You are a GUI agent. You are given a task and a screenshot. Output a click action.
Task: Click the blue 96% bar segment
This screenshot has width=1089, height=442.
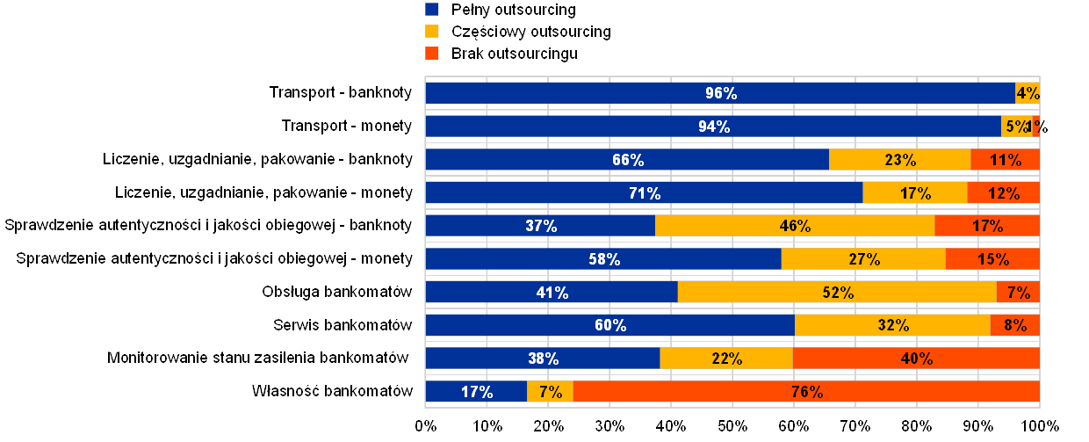(x=720, y=93)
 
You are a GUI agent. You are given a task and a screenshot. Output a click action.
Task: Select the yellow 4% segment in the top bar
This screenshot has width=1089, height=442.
(x=1028, y=93)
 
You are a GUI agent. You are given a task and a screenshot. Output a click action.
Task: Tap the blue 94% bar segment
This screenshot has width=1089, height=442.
(x=713, y=127)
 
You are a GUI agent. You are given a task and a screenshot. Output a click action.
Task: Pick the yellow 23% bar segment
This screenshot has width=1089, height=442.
(x=899, y=160)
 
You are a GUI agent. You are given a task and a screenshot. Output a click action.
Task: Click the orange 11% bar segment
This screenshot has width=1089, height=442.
(x=1005, y=160)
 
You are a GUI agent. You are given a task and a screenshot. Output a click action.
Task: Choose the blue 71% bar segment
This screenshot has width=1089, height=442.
(x=644, y=193)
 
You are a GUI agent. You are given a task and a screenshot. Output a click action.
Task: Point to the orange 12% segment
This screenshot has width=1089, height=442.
(x=1003, y=193)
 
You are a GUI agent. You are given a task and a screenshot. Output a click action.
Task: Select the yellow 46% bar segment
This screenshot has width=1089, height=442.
(x=794, y=226)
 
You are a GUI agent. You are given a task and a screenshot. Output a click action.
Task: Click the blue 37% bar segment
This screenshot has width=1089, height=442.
(x=540, y=226)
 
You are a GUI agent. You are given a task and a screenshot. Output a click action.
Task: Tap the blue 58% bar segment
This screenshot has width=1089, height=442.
(x=603, y=259)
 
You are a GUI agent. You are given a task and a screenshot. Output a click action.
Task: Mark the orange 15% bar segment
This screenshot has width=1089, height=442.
(x=992, y=259)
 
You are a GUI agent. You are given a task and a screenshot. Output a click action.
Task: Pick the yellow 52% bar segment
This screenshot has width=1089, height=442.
(x=837, y=293)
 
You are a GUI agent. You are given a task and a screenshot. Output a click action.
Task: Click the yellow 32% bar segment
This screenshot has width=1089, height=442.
(x=892, y=325)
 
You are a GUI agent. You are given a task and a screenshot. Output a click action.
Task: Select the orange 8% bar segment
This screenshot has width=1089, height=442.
(x=1015, y=325)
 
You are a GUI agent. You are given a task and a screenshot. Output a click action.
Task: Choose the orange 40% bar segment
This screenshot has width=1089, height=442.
(x=916, y=359)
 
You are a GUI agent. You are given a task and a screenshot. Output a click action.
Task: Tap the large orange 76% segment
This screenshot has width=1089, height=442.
(x=806, y=392)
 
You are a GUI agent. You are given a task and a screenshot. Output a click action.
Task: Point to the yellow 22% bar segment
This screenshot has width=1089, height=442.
(x=726, y=359)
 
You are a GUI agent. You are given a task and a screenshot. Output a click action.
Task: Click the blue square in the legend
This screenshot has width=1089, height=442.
(x=432, y=10)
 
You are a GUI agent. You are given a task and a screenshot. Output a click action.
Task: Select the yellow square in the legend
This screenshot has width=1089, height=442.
(x=432, y=32)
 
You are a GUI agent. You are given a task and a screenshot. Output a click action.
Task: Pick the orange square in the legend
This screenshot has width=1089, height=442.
(x=432, y=54)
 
